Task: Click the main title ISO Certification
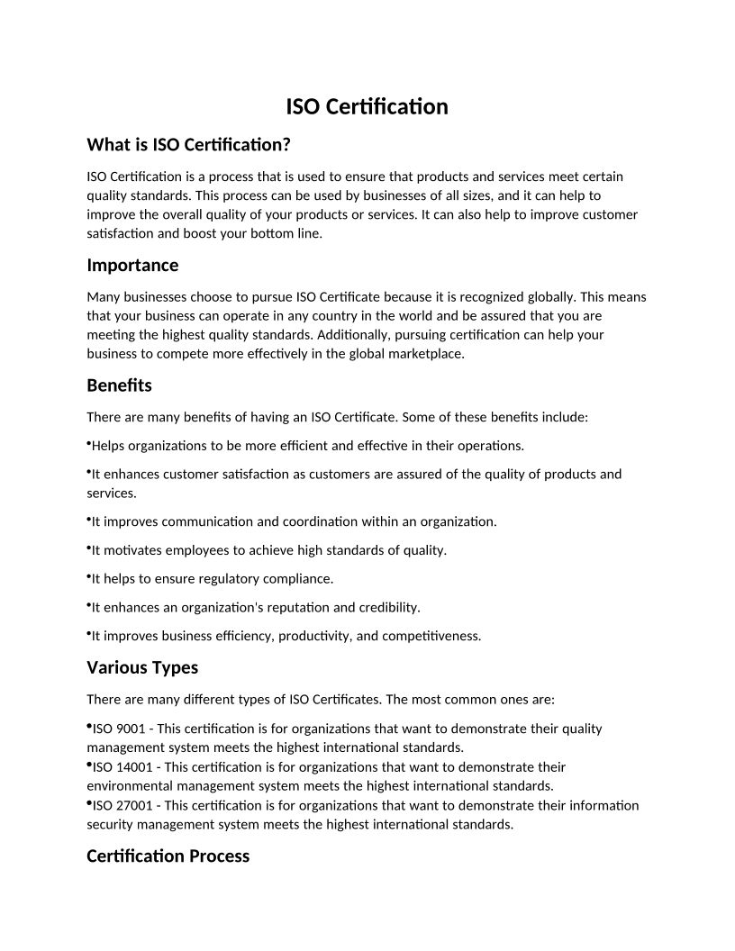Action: point(367,107)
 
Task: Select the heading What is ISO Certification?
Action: point(189,144)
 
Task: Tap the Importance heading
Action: point(132,265)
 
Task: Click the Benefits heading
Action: point(119,385)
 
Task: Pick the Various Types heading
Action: point(142,667)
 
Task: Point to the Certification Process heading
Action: point(168,856)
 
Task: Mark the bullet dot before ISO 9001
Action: point(89,726)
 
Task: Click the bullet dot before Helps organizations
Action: point(89,443)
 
